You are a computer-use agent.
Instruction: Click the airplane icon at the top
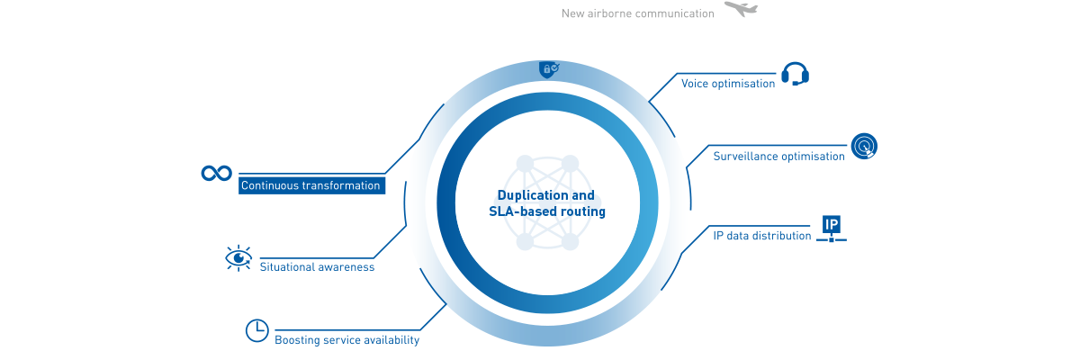(741, 10)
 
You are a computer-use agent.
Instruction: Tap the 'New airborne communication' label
(637, 13)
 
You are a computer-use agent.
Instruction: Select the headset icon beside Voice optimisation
(795, 74)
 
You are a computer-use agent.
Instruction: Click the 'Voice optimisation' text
(727, 84)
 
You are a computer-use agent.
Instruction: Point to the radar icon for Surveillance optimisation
(864, 146)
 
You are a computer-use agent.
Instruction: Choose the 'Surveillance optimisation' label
(778, 156)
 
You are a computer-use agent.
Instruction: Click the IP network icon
(831, 229)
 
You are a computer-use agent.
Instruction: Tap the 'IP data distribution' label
(762, 236)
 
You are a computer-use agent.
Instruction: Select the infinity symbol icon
(217, 173)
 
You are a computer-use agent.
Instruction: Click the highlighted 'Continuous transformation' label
(311, 185)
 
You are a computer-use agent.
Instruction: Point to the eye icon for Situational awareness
(238, 258)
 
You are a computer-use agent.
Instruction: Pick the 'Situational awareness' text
(317, 267)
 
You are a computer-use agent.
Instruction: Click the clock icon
(257, 330)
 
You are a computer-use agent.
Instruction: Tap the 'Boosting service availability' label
(346, 340)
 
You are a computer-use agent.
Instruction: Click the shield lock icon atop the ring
(548, 69)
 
